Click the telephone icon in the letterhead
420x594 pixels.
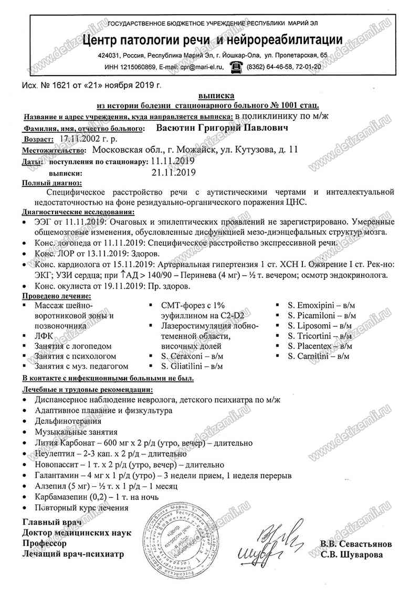[x=236, y=66]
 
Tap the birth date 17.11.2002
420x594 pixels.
[x=83, y=139]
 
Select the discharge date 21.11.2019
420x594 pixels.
[x=173, y=172]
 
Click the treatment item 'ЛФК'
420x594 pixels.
[x=44, y=335]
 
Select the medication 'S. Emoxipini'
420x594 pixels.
[x=312, y=305]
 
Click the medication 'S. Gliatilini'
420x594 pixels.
[x=185, y=366]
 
